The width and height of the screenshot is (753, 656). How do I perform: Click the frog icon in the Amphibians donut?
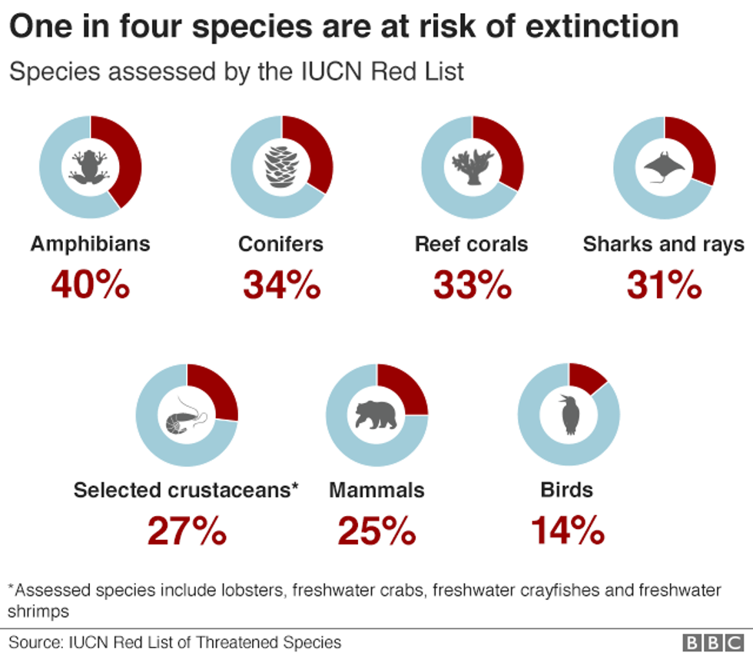pyautogui.click(x=90, y=165)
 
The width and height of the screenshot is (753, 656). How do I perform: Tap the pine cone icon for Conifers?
pyautogui.click(x=281, y=165)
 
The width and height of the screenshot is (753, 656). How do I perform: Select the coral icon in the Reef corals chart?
pyautogui.click(x=472, y=165)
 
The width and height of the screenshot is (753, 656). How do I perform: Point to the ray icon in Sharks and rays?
pyautogui.click(x=663, y=166)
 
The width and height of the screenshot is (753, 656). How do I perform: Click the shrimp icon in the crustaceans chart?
pyautogui.click(x=186, y=416)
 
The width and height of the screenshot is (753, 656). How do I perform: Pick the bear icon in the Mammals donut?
pyautogui.click(x=376, y=416)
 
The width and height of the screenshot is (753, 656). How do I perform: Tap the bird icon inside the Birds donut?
pyautogui.click(x=569, y=415)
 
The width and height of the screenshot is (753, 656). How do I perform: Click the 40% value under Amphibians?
pyautogui.click(x=90, y=285)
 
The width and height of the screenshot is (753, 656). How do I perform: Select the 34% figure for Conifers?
pyautogui.click(x=281, y=285)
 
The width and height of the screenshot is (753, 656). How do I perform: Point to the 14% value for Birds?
pyautogui.click(x=568, y=531)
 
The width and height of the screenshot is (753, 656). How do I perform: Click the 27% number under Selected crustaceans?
pyautogui.click(x=187, y=531)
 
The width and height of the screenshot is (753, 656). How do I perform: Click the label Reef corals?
pyautogui.click(x=471, y=245)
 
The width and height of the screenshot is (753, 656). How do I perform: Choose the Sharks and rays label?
pyautogui.click(x=663, y=245)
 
